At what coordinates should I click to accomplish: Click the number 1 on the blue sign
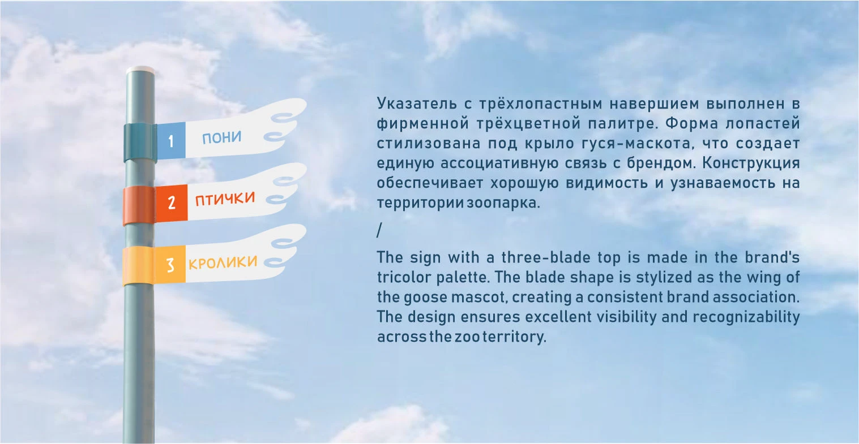(x=171, y=141)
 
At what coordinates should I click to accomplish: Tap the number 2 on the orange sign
(x=172, y=202)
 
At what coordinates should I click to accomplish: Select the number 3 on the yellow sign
(x=170, y=265)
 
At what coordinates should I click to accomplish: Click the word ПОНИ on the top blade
(x=221, y=137)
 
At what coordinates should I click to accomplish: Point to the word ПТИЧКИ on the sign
(x=225, y=199)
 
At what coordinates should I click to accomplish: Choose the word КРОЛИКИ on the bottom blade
(x=223, y=262)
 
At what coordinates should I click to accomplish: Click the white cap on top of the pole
(x=140, y=70)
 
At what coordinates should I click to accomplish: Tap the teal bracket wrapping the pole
(x=140, y=142)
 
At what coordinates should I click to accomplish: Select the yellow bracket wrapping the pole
(x=138, y=265)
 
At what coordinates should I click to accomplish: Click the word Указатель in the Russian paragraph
(x=417, y=104)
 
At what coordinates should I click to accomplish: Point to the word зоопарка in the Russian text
(x=503, y=203)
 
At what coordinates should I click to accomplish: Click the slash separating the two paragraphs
(x=379, y=230)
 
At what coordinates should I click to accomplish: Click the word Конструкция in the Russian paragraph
(x=751, y=163)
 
